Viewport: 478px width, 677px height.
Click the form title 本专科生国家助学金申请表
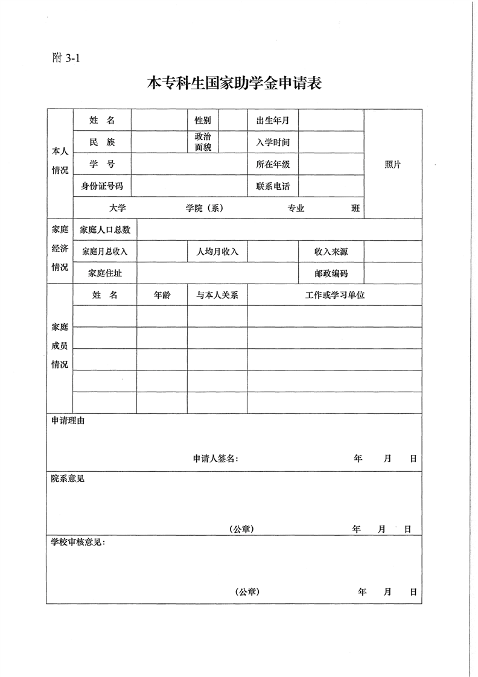click(x=234, y=83)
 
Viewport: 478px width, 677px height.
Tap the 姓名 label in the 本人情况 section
click(x=102, y=121)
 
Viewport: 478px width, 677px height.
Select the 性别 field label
click(x=202, y=121)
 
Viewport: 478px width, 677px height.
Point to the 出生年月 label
click(x=273, y=121)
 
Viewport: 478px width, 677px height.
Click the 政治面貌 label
click(x=202, y=142)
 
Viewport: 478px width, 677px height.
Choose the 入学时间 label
click(x=273, y=143)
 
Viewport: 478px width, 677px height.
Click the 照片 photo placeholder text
click(x=393, y=165)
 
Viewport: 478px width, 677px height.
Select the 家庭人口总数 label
click(x=105, y=230)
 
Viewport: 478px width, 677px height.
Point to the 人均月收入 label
click(x=217, y=252)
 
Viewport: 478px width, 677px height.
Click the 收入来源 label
click(x=331, y=252)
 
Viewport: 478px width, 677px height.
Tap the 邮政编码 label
click(x=331, y=273)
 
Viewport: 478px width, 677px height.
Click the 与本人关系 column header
click(x=217, y=296)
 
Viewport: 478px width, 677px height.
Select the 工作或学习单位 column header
click(x=335, y=296)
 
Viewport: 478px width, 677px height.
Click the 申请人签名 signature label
click(x=215, y=459)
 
